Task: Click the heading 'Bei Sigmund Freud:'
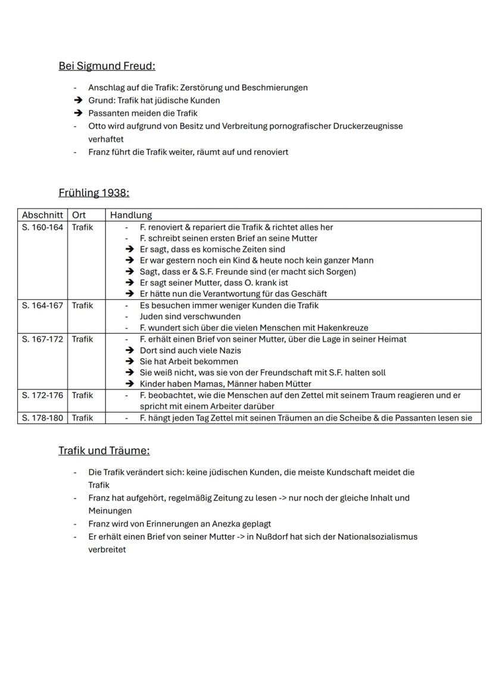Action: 107,66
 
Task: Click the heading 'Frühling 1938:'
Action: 93,193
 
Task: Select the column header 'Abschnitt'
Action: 42,215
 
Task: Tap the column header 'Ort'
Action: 79,215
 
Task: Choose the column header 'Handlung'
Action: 131,215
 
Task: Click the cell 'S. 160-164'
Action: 42,227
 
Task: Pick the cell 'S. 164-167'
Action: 42,306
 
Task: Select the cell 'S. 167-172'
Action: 42,339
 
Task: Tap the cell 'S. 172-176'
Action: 42,395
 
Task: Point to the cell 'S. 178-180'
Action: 42,418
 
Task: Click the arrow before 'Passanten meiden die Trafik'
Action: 77,113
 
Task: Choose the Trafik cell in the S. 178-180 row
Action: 83,418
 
